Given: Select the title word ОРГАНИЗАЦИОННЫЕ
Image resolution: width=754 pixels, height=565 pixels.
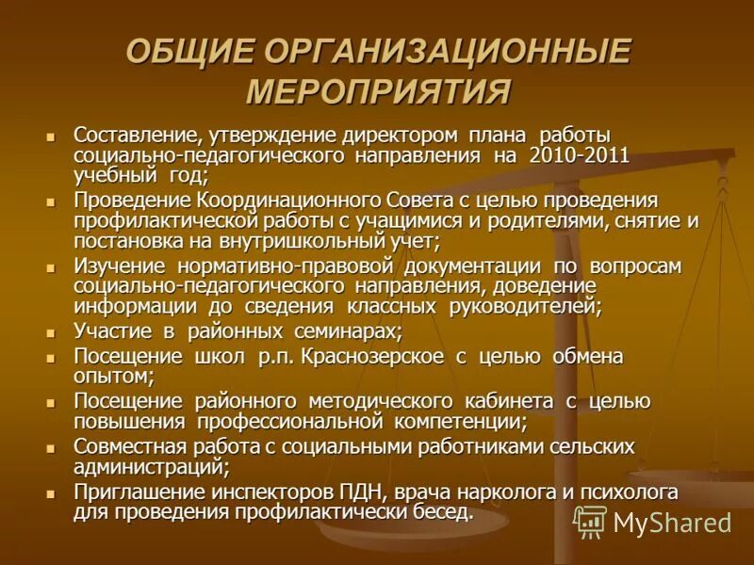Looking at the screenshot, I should [449, 53].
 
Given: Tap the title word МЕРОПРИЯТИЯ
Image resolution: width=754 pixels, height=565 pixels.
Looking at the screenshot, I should [377, 93].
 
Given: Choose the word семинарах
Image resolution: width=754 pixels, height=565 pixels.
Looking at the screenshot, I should [344, 331].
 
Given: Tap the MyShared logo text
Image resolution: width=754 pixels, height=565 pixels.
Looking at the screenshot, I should [671, 522].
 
